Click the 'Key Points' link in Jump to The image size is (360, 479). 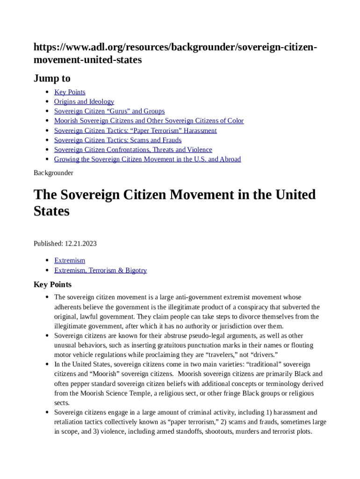tap(70, 92)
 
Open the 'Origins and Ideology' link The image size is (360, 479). tap(84, 102)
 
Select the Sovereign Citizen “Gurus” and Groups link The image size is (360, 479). tap(109, 111)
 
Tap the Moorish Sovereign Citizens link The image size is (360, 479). tap(149, 121)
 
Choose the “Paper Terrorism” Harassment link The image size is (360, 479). tap(135, 131)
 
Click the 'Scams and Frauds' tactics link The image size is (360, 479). tap(118, 140)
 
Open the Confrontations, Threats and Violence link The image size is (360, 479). tap(133, 150)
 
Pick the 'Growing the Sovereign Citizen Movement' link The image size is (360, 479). tap(147, 159)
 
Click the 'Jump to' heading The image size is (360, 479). tap(52, 78)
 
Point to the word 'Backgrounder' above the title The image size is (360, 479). tap(53, 173)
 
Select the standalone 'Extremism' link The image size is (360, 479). tap(70, 261)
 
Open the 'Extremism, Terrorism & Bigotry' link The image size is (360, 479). tap(100, 270)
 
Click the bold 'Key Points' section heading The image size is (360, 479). tap(52, 284)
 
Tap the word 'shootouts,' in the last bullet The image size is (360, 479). tap(222, 432)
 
